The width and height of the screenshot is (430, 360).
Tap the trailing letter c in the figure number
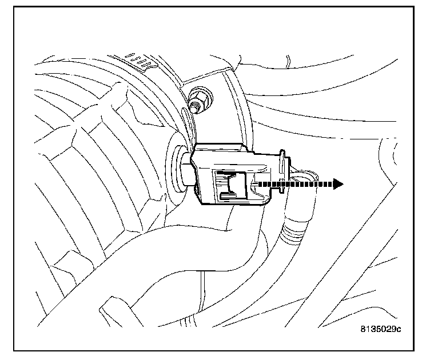[400, 330]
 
